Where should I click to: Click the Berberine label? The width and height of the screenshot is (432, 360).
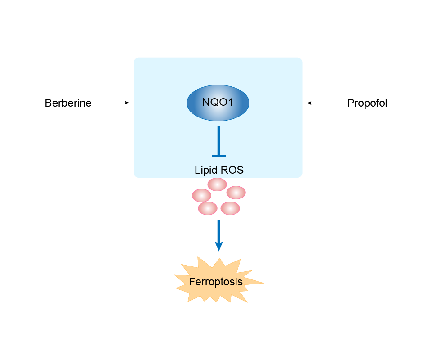point(68,103)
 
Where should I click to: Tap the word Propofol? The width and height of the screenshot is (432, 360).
point(367,103)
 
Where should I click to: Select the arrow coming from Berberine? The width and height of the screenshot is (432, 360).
point(112,103)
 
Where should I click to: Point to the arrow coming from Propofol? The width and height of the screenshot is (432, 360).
point(325,103)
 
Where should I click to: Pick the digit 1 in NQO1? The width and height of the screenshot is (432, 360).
point(231,103)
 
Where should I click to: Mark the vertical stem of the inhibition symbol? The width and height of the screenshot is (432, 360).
point(218,139)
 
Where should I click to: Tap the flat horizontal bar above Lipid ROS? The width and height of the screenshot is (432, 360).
point(218,156)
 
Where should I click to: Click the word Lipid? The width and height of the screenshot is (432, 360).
point(205,170)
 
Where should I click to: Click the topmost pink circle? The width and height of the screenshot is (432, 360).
point(217,184)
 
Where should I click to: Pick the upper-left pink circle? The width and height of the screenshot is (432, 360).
point(201,195)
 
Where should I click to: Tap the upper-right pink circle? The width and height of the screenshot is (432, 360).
point(236,193)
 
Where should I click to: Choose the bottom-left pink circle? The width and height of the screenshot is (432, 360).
point(208,208)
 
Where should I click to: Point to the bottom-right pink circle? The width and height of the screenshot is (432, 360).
point(230,208)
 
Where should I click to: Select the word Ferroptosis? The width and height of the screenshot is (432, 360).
point(216,282)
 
